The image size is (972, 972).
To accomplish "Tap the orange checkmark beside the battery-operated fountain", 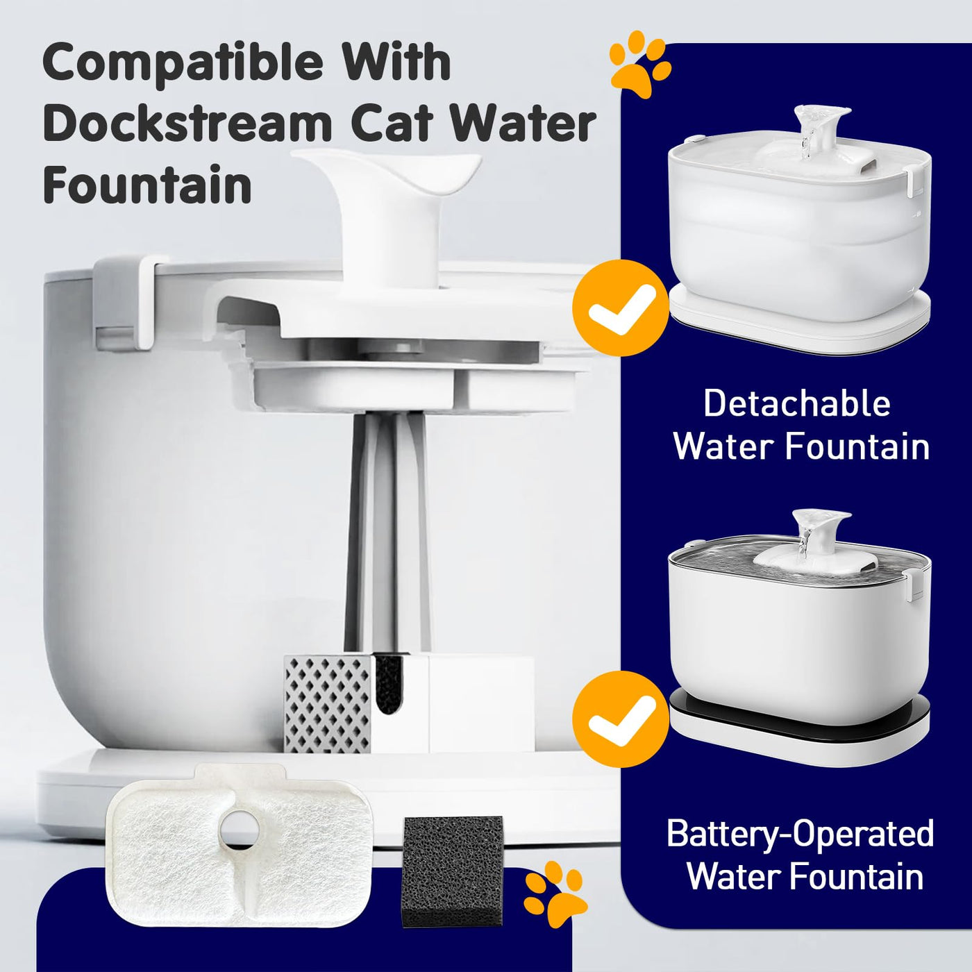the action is (621, 719).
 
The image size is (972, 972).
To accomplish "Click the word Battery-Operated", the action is (801, 835).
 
